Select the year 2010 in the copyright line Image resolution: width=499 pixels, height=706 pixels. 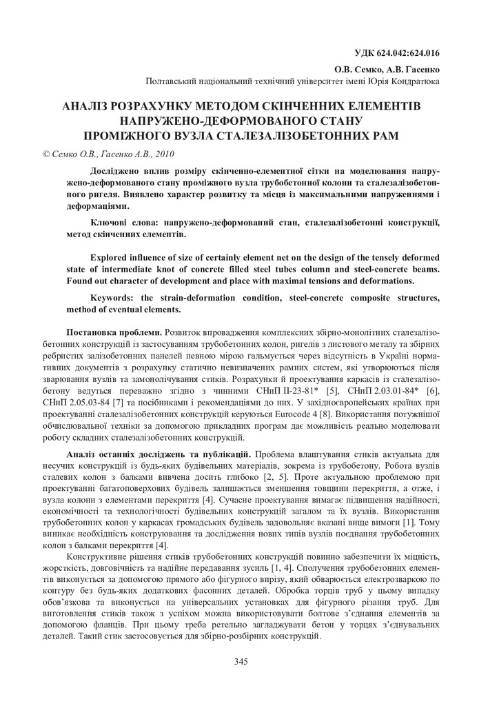163,154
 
